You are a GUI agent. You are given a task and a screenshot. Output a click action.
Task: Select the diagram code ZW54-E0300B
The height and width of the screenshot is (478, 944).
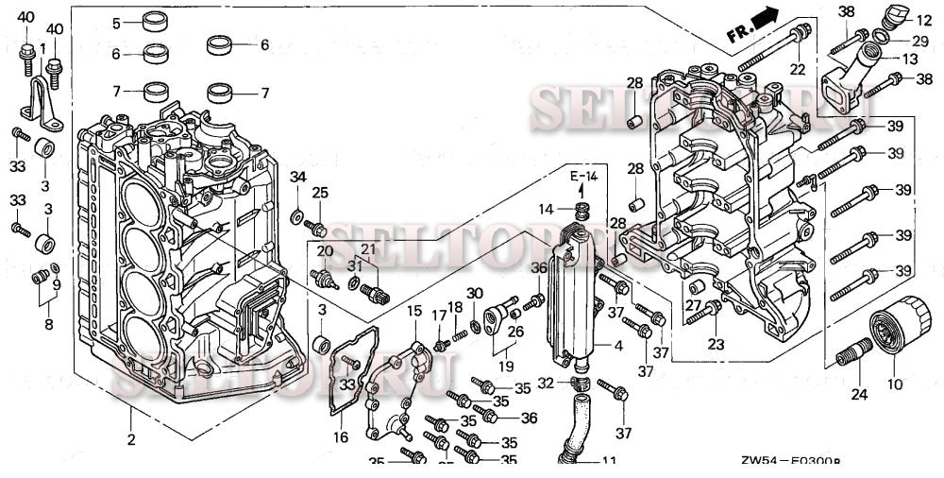(790, 462)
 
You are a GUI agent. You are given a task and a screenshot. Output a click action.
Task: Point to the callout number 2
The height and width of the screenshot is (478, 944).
(131, 439)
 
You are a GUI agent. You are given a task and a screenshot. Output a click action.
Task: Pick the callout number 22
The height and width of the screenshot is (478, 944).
(798, 69)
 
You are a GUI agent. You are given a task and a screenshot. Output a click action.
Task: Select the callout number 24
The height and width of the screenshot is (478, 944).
(859, 394)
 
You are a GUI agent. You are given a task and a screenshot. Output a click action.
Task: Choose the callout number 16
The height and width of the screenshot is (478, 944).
(340, 436)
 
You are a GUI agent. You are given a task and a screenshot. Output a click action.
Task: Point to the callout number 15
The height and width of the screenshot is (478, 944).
(415, 311)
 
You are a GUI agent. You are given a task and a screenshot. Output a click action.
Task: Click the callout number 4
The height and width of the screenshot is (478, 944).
(618, 347)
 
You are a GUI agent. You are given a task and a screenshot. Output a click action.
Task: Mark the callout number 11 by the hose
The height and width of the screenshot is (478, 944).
(609, 461)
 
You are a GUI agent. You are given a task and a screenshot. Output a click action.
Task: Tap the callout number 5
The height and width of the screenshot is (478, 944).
(117, 23)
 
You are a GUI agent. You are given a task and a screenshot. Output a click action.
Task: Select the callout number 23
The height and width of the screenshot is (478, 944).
(716, 345)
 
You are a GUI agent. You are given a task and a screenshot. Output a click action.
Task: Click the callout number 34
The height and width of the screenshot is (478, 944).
(297, 177)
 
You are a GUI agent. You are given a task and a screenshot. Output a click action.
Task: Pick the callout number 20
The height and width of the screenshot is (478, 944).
(325, 250)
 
